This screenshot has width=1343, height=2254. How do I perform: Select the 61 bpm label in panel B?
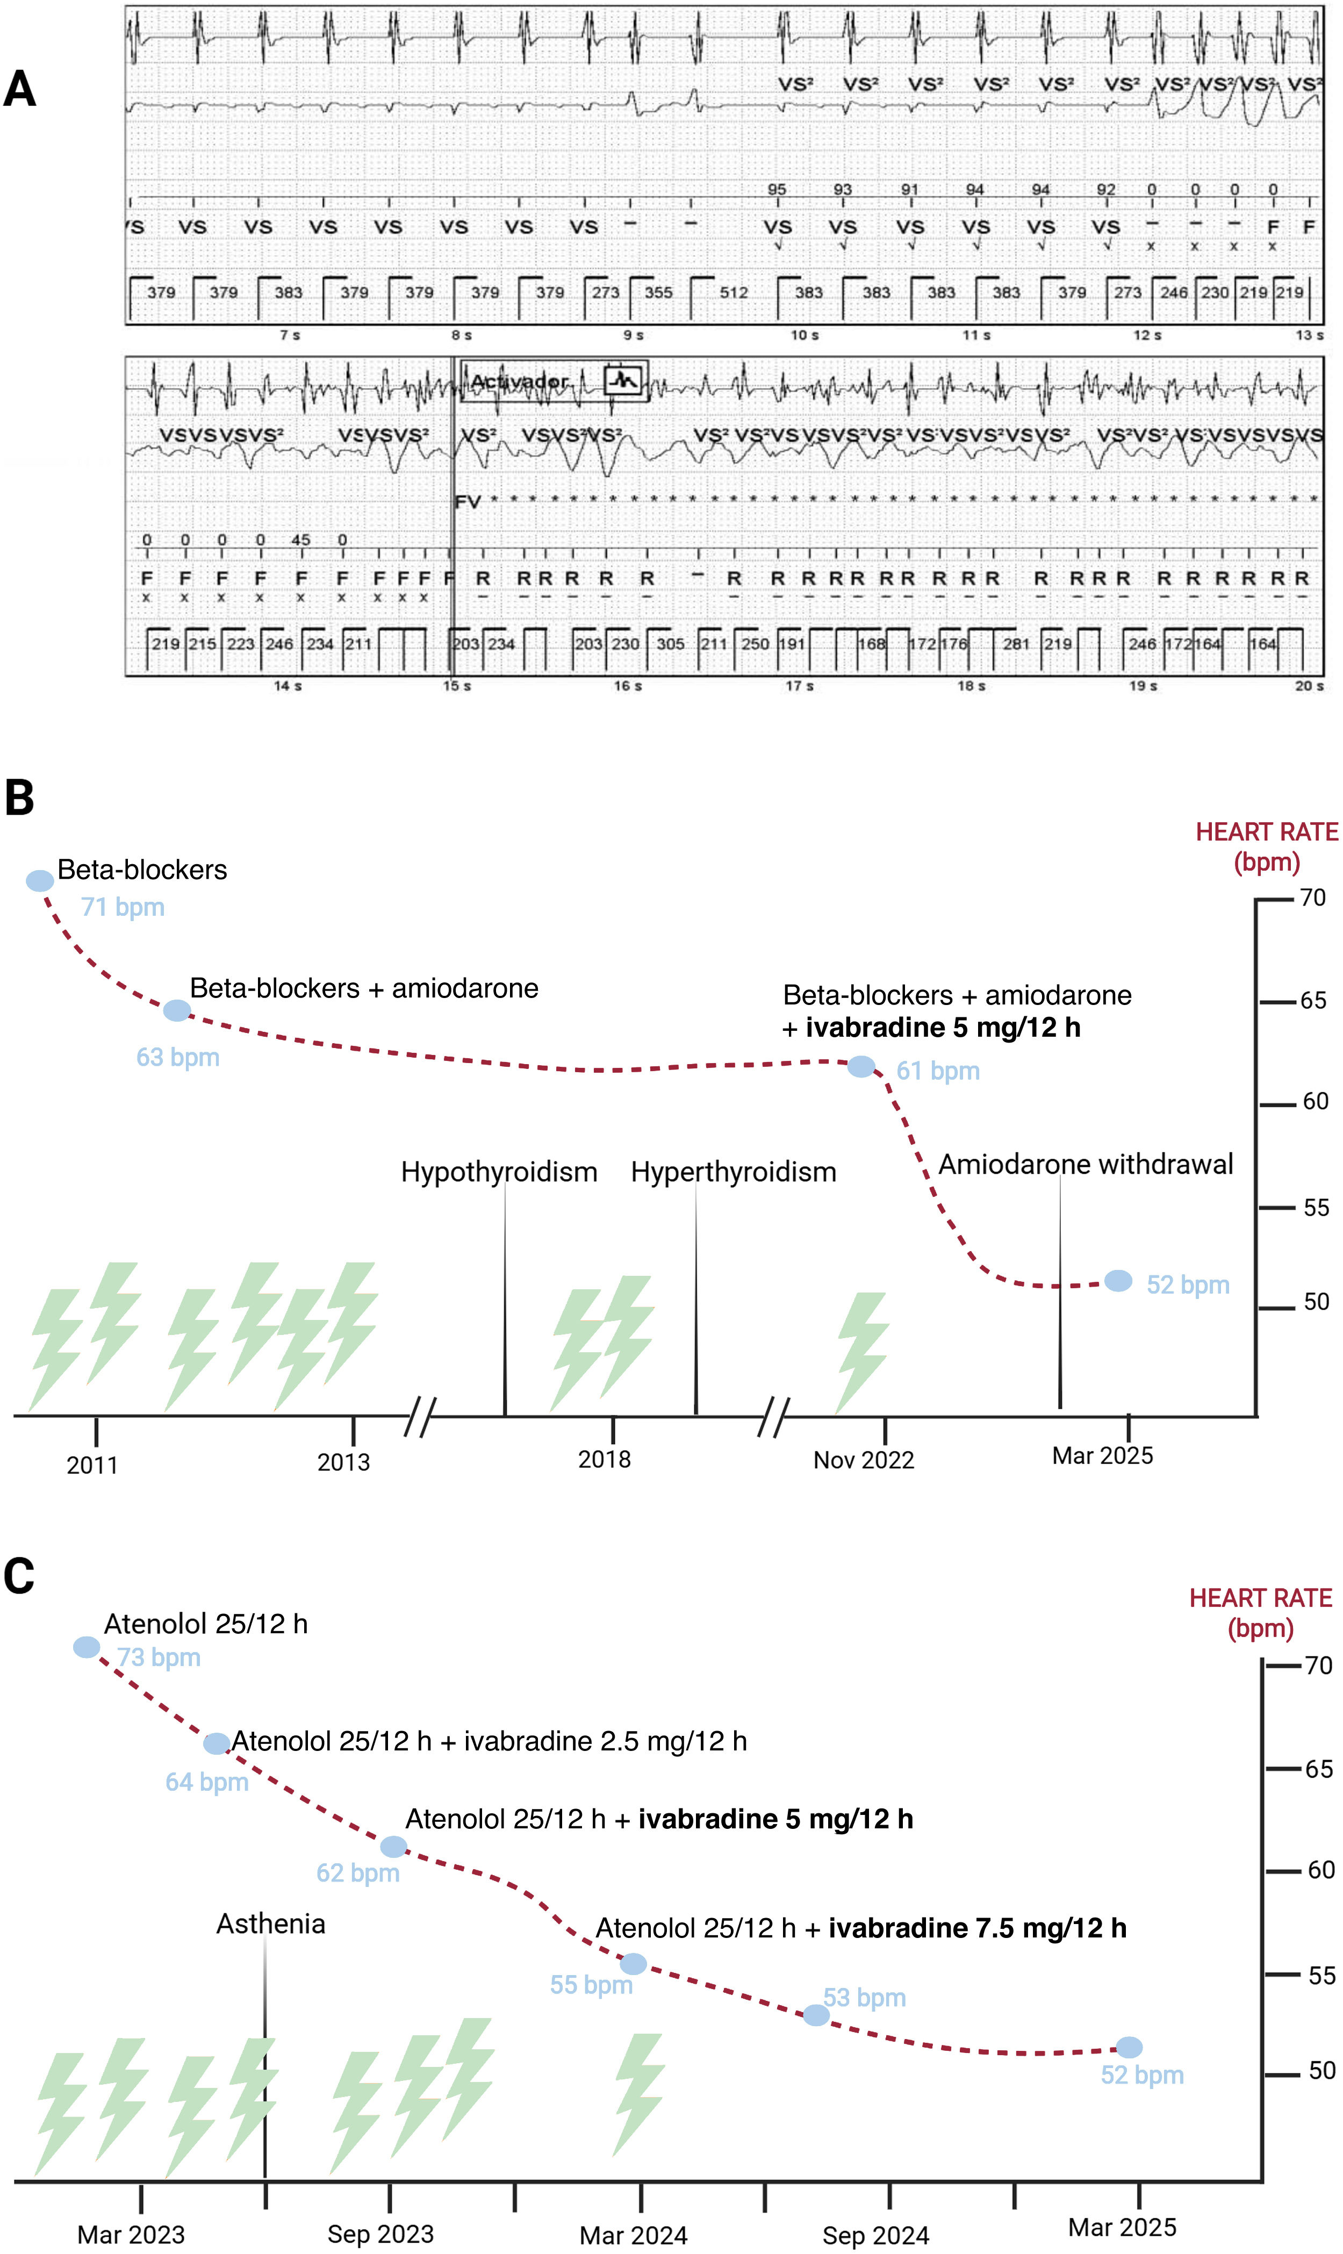click(938, 1071)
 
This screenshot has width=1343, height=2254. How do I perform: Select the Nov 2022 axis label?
click(863, 1460)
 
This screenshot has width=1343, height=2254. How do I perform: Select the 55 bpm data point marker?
click(634, 1964)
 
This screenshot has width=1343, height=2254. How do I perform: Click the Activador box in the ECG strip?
click(554, 381)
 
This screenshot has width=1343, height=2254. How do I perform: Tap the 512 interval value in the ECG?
click(734, 292)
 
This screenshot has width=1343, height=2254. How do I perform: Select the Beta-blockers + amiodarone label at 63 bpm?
click(364, 988)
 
